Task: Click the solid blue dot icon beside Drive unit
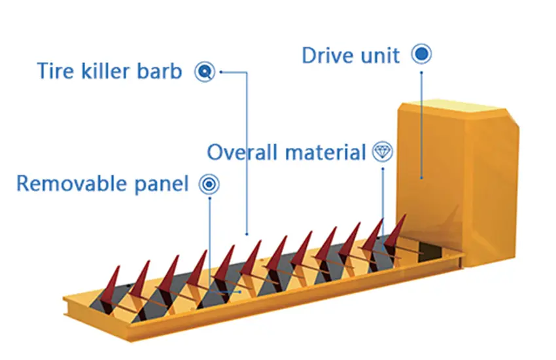click(422, 54)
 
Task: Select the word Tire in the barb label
click(54, 71)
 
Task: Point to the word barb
click(161, 71)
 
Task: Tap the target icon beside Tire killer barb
click(205, 71)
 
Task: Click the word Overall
click(243, 153)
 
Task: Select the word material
click(324, 153)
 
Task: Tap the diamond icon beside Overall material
click(383, 152)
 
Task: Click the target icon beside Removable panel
click(209, 183)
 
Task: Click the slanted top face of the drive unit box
click(458, 113)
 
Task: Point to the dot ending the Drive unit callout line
click(422, 177)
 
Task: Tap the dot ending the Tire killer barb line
click(247, 234)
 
